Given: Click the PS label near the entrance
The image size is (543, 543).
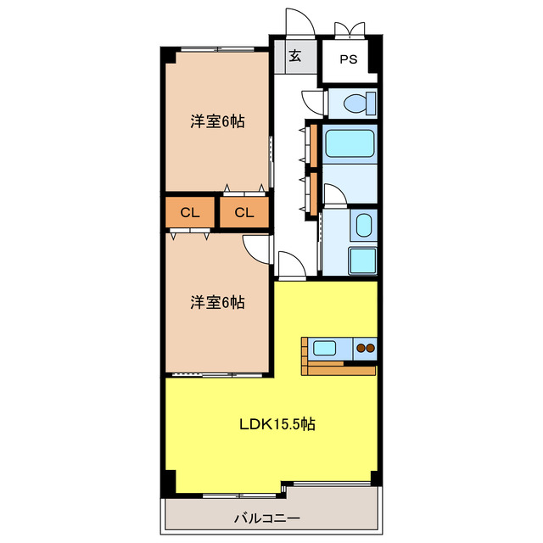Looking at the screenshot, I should [349, 59].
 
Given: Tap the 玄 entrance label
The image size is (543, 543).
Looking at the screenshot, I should [294, 58].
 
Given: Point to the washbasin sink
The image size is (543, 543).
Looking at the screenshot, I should [363, 226].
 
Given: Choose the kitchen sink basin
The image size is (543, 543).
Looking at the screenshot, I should [326, 346].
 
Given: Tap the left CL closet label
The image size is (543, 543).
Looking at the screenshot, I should [190, 212].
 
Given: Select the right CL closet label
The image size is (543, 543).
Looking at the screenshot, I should [244, 212].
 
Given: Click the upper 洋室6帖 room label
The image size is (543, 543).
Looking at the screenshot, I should [217, 121].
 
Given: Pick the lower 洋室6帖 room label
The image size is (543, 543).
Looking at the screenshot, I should [217, 301].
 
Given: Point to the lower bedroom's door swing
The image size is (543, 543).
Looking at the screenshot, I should [255, 247].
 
